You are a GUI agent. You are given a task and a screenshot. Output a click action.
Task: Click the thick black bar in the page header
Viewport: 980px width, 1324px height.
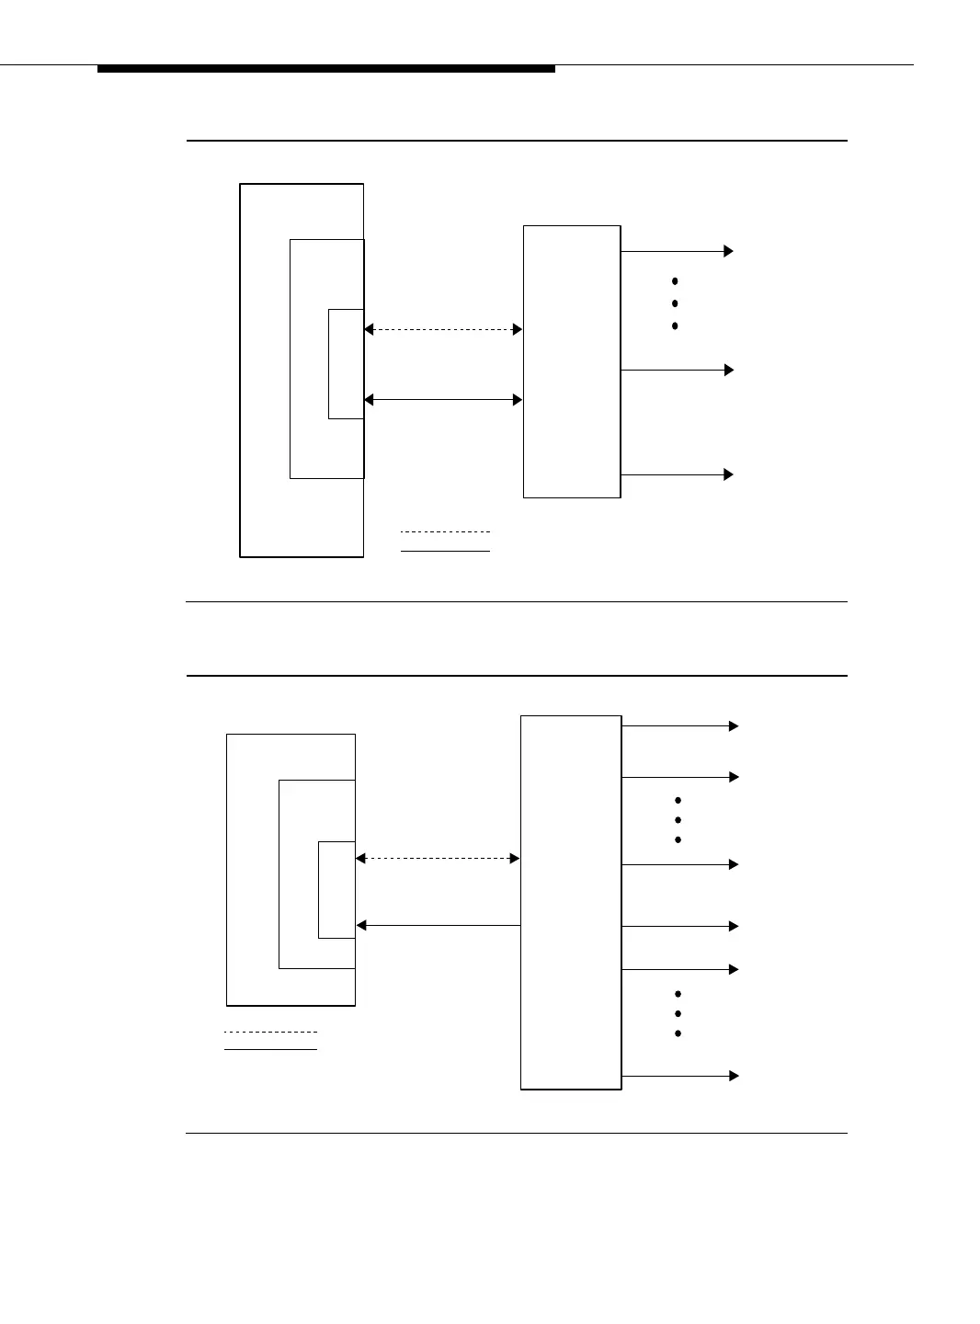(326, 69)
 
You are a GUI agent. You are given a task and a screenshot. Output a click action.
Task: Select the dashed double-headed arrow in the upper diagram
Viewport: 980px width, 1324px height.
(443, 329)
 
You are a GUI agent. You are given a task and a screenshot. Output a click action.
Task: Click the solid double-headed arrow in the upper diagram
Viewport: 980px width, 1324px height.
(443, 400)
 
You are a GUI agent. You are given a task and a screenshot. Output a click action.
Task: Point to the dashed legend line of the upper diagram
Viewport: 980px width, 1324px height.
(446, 531)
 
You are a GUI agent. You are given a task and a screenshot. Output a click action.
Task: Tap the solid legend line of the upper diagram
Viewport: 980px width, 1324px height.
(446, 551)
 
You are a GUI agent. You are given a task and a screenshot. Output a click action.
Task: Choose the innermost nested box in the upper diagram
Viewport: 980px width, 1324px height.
(346, 364)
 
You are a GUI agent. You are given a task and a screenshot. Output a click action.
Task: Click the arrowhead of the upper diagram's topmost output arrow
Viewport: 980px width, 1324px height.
(728, 251)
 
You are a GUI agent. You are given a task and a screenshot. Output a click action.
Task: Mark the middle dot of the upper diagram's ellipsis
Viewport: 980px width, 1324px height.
(675, 303)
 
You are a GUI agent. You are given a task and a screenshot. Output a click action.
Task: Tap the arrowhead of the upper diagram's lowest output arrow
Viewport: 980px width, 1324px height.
(728, 474)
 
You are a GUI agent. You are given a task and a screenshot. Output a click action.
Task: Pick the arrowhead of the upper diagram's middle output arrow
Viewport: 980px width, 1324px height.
(728, 370)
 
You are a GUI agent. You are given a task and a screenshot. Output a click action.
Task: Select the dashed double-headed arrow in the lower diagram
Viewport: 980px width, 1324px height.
(438, 858)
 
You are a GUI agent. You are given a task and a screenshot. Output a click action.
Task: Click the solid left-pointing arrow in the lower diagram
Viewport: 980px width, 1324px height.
(438, 925)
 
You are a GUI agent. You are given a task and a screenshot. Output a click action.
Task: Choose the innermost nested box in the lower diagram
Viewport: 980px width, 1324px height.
(336, 889)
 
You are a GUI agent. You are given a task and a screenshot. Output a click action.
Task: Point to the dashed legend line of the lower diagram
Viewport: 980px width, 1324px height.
(271, 1032)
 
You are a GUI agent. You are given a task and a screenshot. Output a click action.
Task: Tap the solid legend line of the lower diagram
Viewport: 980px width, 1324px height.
(271, 1049)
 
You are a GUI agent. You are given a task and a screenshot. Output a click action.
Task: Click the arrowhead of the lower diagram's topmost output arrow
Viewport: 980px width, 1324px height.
(734, 726)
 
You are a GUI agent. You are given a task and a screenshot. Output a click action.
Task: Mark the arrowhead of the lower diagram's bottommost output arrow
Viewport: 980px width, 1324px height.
(734, 1076)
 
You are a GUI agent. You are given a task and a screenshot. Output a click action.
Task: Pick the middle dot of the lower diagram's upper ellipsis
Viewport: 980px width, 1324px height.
(678, 820)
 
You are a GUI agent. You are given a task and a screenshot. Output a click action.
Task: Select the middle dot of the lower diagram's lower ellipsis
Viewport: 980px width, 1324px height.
(678, 1014)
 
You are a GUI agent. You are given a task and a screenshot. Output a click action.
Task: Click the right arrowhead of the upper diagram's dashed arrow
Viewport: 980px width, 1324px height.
(518, 329)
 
